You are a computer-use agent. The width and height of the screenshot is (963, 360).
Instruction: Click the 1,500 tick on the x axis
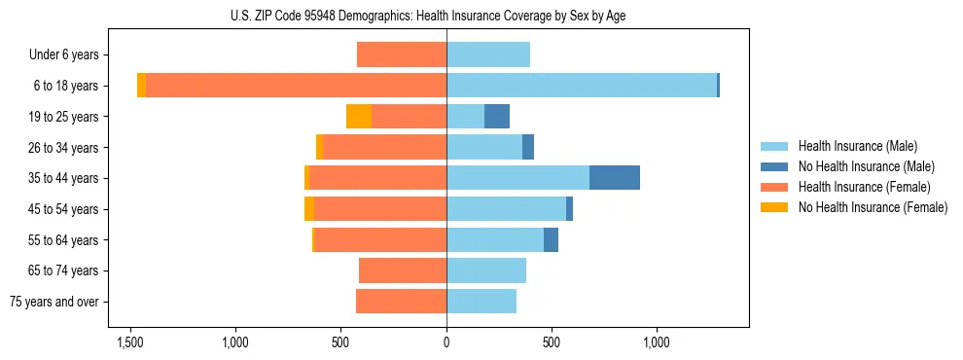click(130, 342)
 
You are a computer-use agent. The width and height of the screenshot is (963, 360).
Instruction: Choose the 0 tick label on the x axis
click(446, 342)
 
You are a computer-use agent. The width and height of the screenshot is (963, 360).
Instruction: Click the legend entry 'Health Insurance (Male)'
click(857, 146)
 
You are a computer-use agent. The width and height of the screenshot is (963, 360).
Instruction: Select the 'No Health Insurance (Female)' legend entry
click(873, 207)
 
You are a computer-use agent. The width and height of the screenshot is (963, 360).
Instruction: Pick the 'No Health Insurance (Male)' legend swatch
click(775, 166)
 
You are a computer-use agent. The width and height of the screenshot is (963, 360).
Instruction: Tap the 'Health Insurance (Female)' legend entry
click(861, 187)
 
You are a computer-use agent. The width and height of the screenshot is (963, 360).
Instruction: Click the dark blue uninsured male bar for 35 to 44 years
click(615, 178)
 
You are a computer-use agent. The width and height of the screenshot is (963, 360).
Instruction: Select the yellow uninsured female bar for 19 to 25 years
click(359, 117)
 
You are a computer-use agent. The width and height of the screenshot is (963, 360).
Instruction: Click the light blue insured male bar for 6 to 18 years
click(582, 86)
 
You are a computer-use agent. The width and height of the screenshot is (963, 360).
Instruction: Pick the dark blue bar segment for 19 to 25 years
click(497, 117)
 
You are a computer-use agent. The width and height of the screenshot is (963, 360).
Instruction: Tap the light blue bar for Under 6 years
click(488, 54)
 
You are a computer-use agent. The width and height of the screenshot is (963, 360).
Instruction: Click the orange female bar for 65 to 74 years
click(403, 270)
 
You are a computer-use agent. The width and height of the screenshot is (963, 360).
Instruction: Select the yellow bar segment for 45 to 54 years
click(309, 209)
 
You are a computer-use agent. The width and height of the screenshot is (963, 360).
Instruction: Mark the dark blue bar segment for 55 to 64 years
click(551, 239)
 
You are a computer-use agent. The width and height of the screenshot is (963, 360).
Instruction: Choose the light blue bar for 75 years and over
click(481, 302)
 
